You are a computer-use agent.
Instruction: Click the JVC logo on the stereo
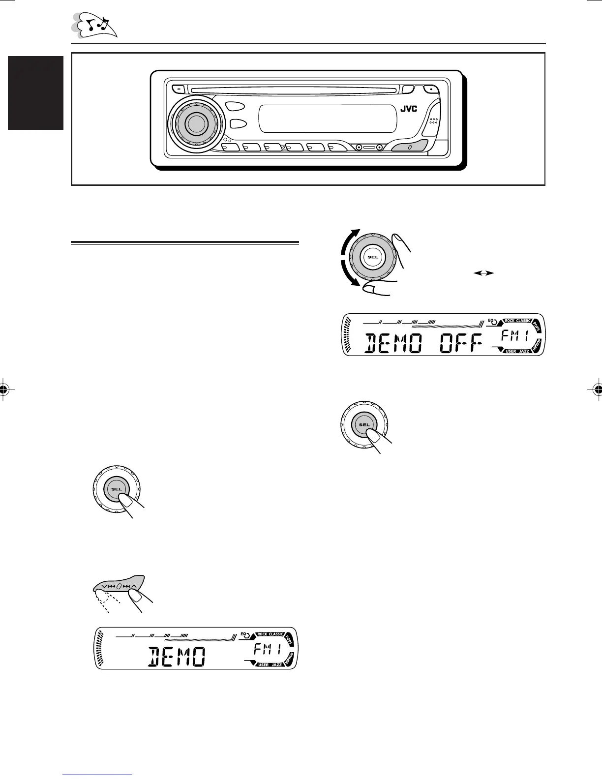coord(408,109)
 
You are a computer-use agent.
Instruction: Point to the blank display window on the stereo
coord(328,118)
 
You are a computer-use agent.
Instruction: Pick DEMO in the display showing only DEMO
coord(176,657)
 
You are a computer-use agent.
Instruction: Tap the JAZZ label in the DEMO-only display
coord(276,665)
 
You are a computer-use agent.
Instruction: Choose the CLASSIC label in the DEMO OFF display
coord(523,321)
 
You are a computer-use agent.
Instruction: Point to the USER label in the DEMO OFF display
coord(511,351)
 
